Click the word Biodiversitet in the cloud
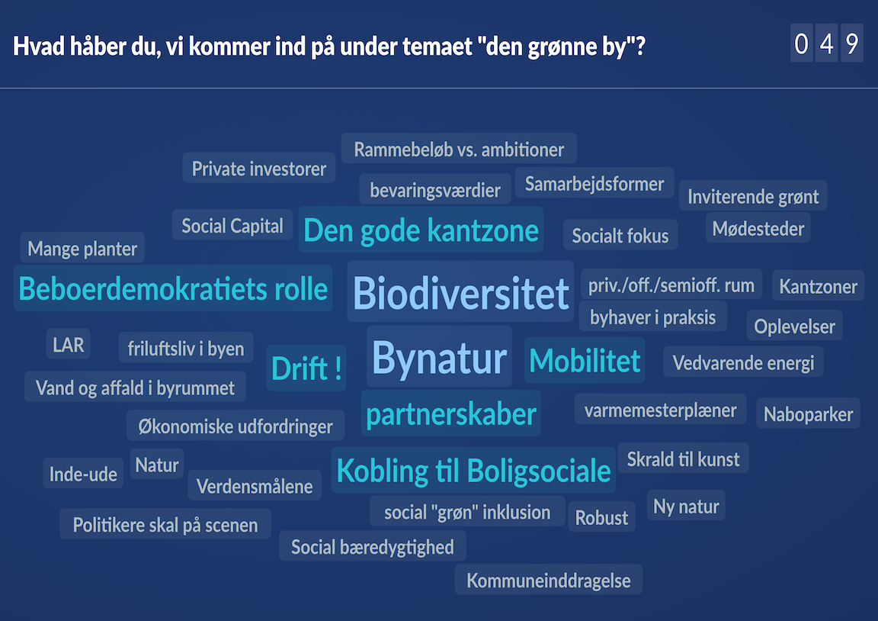(461, 293)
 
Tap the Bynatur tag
(439, 358)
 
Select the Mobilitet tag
(585, 360)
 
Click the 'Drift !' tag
(306, 369)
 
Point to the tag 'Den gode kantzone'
(421, 230)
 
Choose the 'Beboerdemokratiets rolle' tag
(173, 289)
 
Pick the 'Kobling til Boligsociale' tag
(473, 470)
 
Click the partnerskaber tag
(451, 414)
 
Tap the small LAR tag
(69, 344)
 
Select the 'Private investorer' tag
(258, 169)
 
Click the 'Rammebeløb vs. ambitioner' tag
(459, 150)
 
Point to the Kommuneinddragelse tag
(549, 581)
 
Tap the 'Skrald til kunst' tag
(683, 459)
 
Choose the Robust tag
(601, 517)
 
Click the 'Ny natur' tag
(686, 506)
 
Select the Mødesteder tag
(758, 228)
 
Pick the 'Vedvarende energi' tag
(743, 362)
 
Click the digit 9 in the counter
(851, 44)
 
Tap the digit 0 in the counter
(801, 44)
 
